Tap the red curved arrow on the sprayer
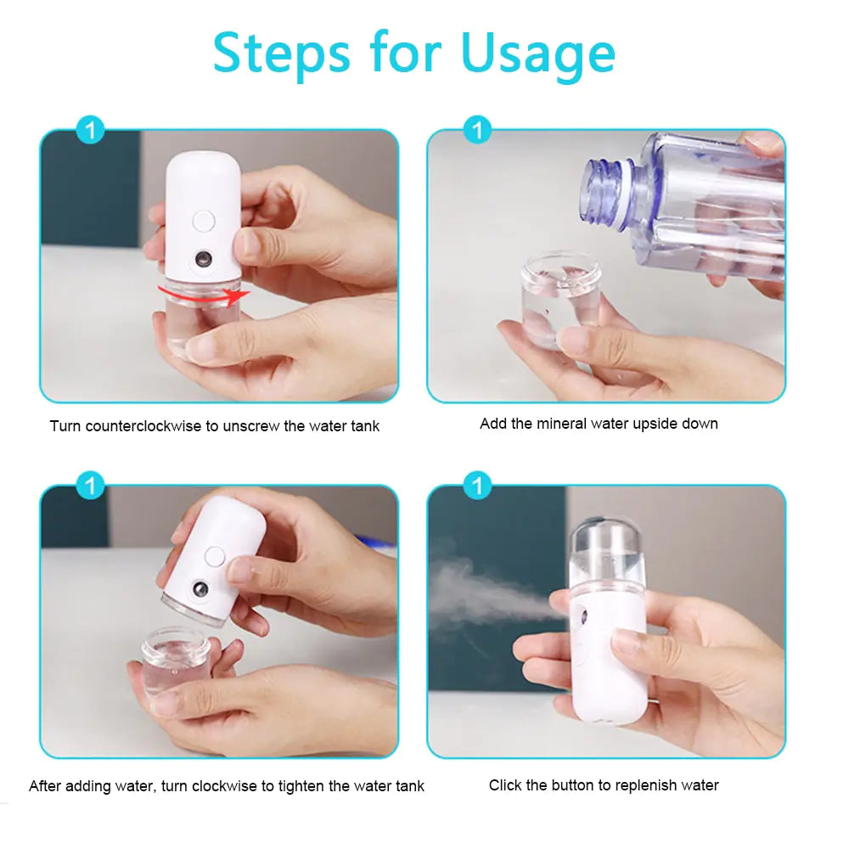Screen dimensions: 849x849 tap(204, 294)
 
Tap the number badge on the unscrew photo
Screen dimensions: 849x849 tap(90, 131)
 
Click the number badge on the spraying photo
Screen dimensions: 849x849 tap(478, 486)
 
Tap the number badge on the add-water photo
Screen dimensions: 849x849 tap(478, 131)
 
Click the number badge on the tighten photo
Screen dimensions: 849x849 tap(90, 486)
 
